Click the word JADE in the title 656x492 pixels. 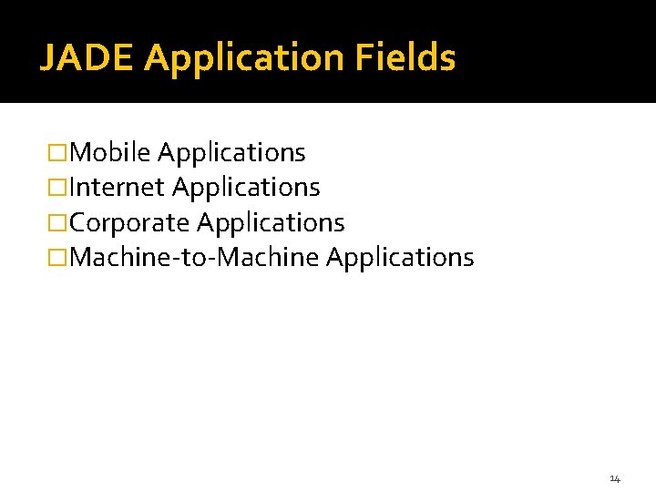[x=87, y=58]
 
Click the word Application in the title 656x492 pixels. [x=242, y=58]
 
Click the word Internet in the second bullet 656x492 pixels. [x=117, y=188]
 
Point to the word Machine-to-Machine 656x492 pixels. [x=194, y=257]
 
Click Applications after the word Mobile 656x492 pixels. [x=231, y=152]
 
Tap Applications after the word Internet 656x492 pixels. [x=246, y=188]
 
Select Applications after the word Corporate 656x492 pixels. [x=271, y=222]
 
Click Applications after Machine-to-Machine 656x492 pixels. [x=400, y=257]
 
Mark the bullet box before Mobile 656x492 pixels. [x=59, y=153]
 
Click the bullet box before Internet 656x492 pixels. [x=59, y=188]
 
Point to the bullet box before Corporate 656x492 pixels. [x=59, y=223]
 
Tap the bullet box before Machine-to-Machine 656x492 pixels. [x=59, y=258]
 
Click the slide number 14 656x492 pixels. [x=615, y=478]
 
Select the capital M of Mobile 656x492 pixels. [x=79, y=152]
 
